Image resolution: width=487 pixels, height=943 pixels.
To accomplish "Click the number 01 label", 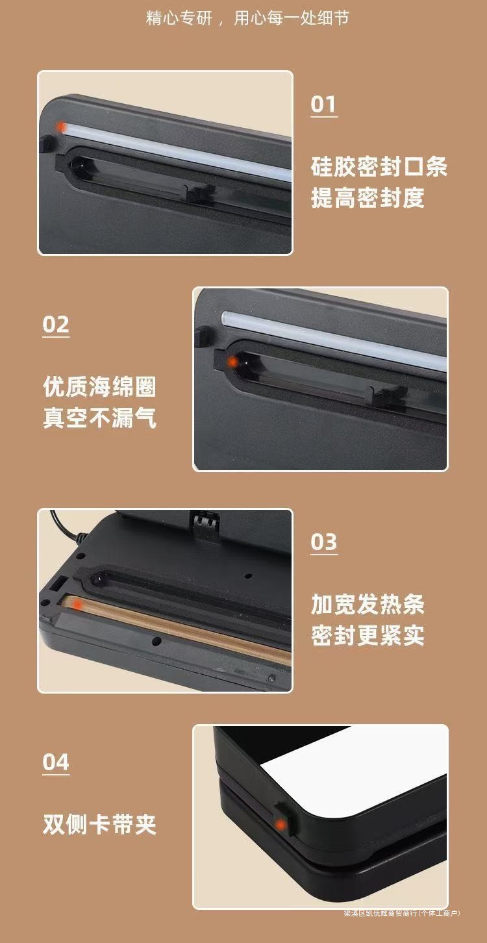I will click(x=323, y=105).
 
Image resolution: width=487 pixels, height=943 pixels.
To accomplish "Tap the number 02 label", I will click(x=56, y=324).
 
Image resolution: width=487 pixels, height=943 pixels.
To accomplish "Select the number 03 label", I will click(x=323, y=542).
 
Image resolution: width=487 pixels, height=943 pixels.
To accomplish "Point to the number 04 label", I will click(x=56, y=762).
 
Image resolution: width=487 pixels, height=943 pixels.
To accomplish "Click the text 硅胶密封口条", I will click(x=379, y=167).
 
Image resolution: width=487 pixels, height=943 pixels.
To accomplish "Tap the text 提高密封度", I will click(x=368, y=197).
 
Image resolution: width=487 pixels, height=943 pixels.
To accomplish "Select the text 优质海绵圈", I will click(x=99, y=387).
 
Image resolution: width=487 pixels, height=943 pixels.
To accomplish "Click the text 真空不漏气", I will click(x=99, y=418).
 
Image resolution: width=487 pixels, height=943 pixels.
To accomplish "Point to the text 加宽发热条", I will click(x=368, y=605).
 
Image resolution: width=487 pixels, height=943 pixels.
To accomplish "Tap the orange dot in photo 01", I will click(x=60, y=126).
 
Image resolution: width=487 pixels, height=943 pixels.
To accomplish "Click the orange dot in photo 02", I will click(x=231, y=360).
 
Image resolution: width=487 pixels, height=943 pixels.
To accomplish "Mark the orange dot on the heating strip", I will click(x=77, y=605).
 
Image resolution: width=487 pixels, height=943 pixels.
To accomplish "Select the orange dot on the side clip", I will click(x=281, y=825).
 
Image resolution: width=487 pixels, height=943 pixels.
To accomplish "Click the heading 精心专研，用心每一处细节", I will click(x=247, y=18).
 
